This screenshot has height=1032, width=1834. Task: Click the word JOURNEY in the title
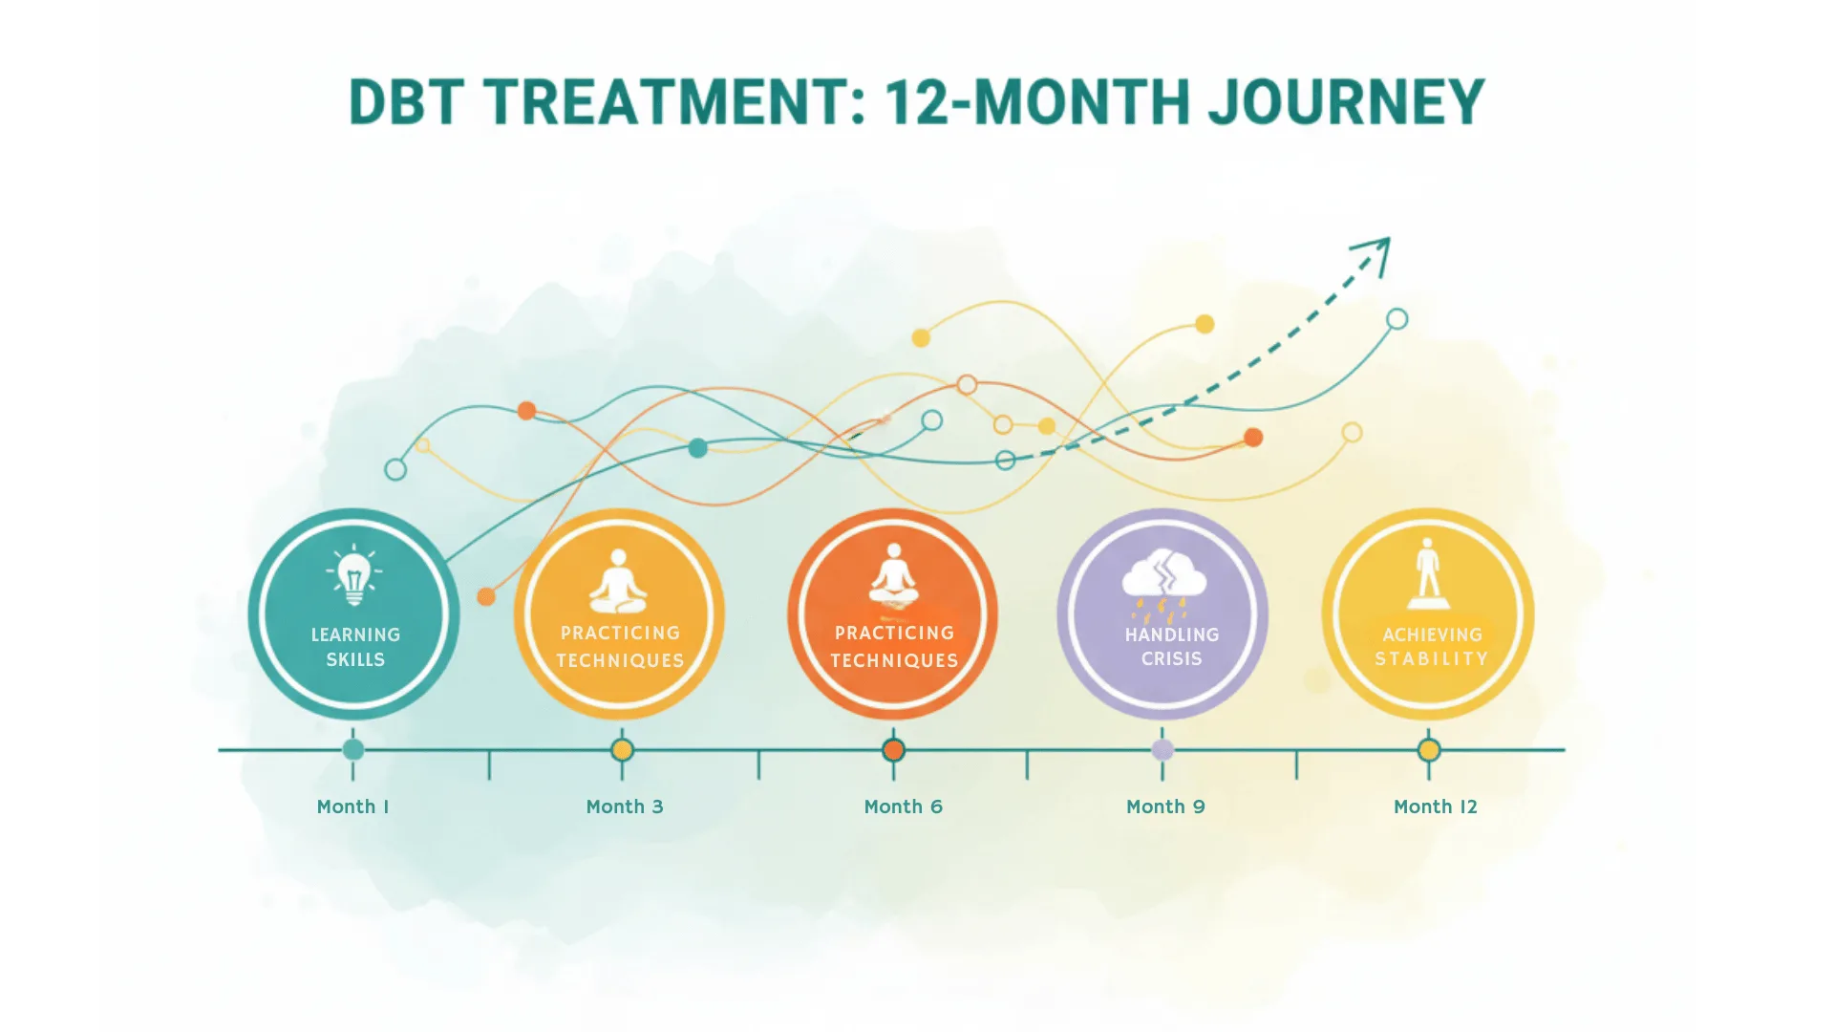pyautogui.click(x=1346, y=101)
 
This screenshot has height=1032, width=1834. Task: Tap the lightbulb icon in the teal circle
pyautogui.click(x=354, y=576)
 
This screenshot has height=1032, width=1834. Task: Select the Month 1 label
pyautogui.click(x=352, y=806)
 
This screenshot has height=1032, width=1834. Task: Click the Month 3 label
pyautogui.click(x=624, y=806)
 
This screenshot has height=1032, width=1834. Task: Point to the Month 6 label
pyautogui.click(x=903, y=806)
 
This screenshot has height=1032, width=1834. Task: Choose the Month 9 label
pyautogui.click(x=1165, y=806)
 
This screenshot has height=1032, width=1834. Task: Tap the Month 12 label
pyautogui.click(x=1435, y=806)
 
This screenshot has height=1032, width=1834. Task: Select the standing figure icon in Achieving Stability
pyautogui.click(x=1428, y=573)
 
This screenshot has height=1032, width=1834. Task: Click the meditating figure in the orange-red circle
pyautogui.click(x=893, y=577)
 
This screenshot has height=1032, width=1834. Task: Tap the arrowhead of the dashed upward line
pyautogui.click(x=1375, y=252)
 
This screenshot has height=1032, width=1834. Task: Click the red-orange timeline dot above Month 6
pyautogui.click(x=893, y=750)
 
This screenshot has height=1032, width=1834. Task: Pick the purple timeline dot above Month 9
pyautogui.click(x=1162, y=750)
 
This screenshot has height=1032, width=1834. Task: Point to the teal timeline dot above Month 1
pyautogui.click(x=352, y=750)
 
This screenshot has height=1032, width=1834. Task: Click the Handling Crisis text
pyautogui.click(x=1171, y=646)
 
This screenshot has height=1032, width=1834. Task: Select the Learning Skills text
pyautogui.click(x=355, y=647)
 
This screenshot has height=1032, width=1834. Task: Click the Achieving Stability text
pyautogui.click(x=1431, y=646)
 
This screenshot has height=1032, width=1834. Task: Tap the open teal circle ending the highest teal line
pyautogui.click(x=1397, y=319)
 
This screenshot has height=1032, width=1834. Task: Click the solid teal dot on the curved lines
pyautogui.click(x=698, y=447)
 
